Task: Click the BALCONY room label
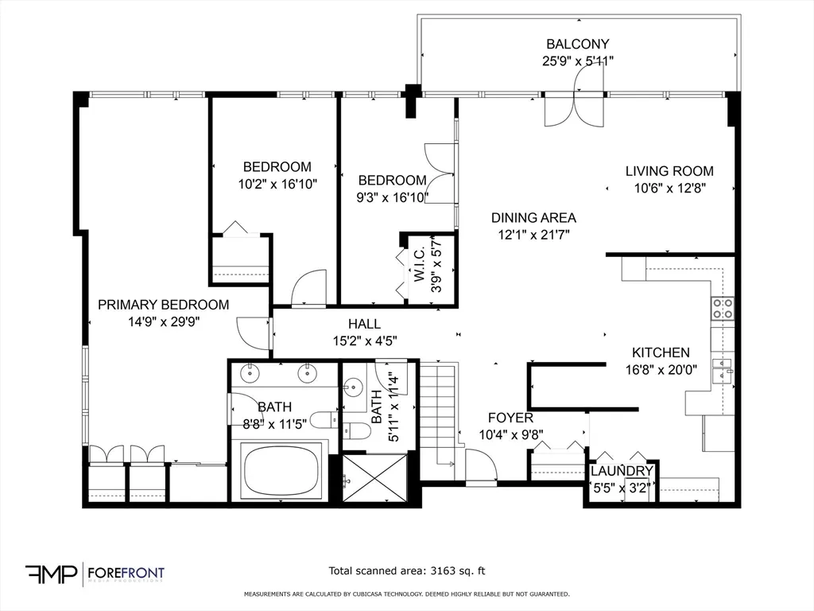tap(577, 45)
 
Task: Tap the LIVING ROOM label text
tap(669, 171)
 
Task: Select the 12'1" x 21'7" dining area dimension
tap(533, 234)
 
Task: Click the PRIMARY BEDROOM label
tap(163, 305)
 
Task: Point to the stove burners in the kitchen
tap(722, 309)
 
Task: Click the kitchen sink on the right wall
tap(722, 371)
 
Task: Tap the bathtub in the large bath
tap(282, 471)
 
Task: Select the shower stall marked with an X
tap(374, 478)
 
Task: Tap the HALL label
tap(364, 324)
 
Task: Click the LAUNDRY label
tap(622, 472)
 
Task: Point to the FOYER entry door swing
tap(480, 466)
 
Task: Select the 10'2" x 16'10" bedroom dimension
tap(277, 184)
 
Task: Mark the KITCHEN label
tap(661, 352)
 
